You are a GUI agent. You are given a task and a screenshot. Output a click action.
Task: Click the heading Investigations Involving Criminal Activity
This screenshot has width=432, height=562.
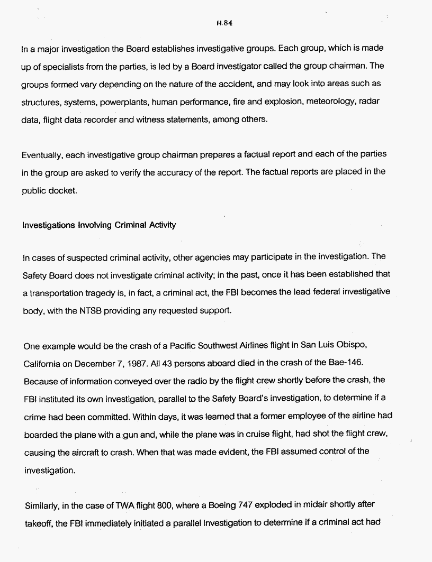click(x=98, y=225)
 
